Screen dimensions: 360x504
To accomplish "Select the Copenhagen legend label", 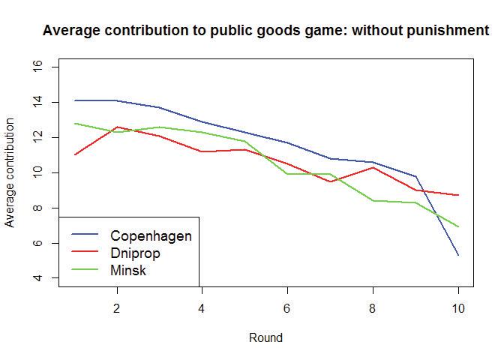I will pyautogui.click(x=151, y=236).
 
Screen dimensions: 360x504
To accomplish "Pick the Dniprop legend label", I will pyautogui.click(x=135, y=253).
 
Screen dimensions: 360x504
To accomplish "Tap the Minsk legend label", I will pyautogui.click(x=128, y=271).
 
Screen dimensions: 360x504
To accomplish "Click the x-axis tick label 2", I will pyautogui.click(x=116, y=308).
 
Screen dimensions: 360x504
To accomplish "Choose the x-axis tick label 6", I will pyautogui.click(x=287, y=308).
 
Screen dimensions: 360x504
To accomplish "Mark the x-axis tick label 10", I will pyautogui.click(x=458, y=308).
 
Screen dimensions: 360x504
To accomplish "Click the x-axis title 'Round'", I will pyautogui.click(x=265, y=338).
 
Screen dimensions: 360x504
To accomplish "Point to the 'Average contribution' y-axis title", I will pyautogui.click(x=10, y=172).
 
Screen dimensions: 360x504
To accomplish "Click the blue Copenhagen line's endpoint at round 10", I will pyautogui.click(x=458, y=255).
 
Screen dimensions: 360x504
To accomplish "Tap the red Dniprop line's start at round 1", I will pyautogui.click(x=73, y=154).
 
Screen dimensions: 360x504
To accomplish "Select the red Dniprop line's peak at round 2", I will pyautogui.click(x=116, y=127).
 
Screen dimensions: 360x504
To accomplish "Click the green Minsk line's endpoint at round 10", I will pyautogui.click(x=458, y=226).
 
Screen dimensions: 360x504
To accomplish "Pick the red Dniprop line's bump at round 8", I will pyautogui.click(x=373, y=167).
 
